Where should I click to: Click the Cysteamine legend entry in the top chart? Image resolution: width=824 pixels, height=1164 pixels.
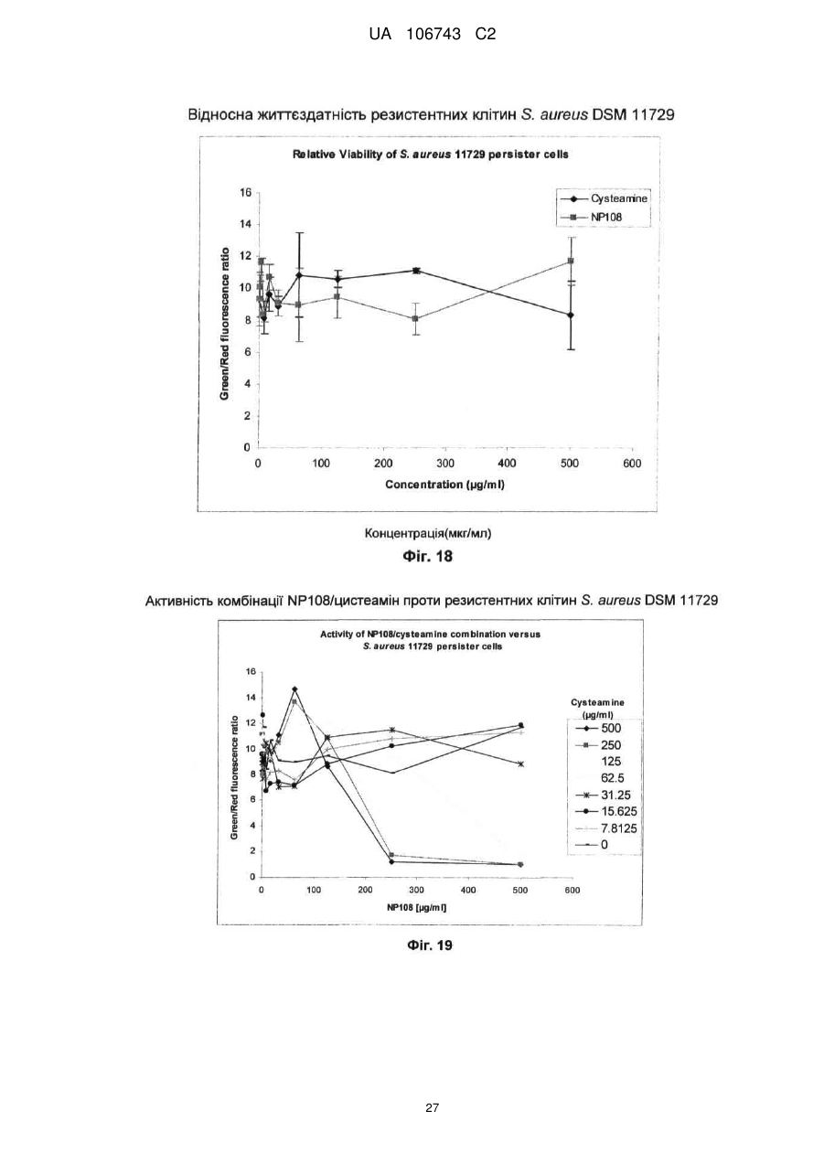[x=604, y=198]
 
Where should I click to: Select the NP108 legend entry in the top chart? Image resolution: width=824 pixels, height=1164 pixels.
[x=591, y=217]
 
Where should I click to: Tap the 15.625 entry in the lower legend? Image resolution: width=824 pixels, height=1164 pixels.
[x=606, y=811]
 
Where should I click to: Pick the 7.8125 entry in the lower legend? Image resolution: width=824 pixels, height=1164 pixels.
[x=606, y=828]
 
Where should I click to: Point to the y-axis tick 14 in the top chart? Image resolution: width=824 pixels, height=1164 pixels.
[x=245, y=225]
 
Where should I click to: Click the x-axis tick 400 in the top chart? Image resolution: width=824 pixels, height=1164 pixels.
[x=507, y=464]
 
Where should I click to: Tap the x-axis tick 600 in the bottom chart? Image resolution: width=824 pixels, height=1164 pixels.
[x=572, y=891]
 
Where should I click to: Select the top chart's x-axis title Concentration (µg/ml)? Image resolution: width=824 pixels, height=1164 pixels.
[x=445, y=485]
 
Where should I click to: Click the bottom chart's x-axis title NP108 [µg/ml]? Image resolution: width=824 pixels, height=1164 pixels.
[x=416, y=907]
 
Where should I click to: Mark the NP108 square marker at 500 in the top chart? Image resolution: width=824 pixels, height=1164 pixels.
[x=571, y=261]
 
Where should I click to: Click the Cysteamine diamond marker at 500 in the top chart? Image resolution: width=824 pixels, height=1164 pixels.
[x=571, y=315]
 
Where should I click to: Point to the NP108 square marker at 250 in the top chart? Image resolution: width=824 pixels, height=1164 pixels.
[x=415, y=318]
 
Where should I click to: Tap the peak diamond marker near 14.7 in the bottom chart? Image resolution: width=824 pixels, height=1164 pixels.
[x=294, y=689]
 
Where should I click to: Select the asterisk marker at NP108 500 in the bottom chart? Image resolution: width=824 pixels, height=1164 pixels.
[x=520, y=764]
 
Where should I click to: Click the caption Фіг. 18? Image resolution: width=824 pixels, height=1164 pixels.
[x=428, y=557]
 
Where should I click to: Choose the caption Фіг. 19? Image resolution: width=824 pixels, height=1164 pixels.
[x=430, y=945]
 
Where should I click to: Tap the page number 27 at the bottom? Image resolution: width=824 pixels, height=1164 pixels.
[x=432, y=1108]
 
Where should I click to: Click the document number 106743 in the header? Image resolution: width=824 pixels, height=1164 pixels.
[x=433, y=35]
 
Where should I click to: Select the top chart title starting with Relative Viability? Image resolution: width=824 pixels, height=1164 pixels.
[x=431, y=155]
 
